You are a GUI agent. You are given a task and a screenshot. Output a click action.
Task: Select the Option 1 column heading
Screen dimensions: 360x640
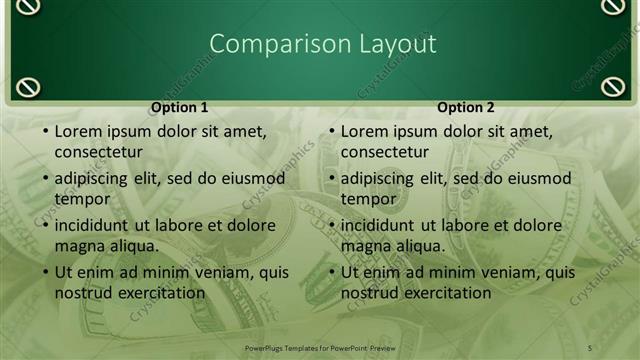(180, 107)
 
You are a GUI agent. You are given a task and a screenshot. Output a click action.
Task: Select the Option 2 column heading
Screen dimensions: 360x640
(466, 107)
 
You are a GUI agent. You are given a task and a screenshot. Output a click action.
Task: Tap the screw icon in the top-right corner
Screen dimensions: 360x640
(612, 7)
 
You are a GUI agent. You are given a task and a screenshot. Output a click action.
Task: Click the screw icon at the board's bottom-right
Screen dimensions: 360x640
(612, 87)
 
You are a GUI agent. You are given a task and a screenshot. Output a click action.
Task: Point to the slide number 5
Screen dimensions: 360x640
(590, 347)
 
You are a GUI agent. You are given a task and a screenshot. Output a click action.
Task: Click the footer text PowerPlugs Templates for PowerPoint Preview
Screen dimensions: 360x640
(320, 347)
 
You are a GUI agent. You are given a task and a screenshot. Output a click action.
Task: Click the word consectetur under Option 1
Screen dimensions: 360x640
(98, 152)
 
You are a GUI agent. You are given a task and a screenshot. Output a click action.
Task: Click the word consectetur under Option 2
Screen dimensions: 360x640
(384, 152)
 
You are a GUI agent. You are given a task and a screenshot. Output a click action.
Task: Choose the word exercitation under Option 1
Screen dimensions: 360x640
(160, 293)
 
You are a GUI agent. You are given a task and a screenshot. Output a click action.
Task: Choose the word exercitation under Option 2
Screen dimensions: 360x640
(446, 293)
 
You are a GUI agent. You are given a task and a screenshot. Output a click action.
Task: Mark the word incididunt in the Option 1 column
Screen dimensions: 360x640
(96, 225)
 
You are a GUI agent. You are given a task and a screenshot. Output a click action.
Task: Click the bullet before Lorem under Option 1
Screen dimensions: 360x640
(44, 131)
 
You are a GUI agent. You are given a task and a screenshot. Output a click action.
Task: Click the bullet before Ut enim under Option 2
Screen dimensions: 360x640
(330, 272)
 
